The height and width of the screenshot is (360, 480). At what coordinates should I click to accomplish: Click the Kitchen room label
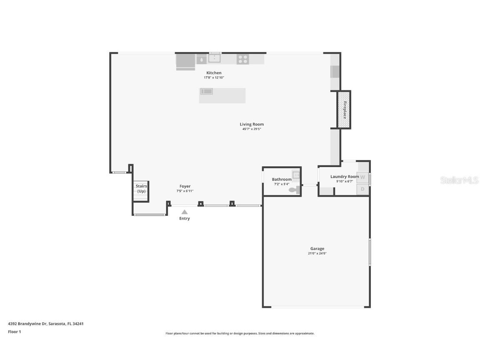click(x=214, y=73)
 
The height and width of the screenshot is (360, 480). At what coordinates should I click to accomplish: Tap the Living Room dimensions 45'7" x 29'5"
click(x=252, y=129)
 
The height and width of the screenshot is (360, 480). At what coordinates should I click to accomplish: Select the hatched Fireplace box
click(x=344, y=110)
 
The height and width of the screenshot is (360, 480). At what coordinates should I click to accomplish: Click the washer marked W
click(x=362, y=177)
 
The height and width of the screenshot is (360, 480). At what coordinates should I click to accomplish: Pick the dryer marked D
click(x=362, y=189)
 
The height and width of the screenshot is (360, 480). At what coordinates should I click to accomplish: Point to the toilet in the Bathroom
click(x=294, y=190)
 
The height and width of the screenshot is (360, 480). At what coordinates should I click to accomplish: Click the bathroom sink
click(x=296, y=175)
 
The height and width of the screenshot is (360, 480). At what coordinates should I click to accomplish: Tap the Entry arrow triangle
click(x=184, y=212)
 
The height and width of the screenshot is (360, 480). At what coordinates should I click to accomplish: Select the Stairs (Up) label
click(x=141, y=188)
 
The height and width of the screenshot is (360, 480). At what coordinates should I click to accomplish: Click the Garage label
click(x=317, y=249)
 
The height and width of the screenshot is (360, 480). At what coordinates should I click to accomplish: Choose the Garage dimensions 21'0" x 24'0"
click(x=317, y=253)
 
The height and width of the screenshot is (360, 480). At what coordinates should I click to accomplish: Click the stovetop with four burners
click(x=243, y=59)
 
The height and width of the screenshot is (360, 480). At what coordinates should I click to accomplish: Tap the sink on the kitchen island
click(x=206, y=91)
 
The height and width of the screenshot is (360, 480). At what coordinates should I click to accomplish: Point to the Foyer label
click(x=185, y=186)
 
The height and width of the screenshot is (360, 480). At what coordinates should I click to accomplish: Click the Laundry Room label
click(x=345, y=177)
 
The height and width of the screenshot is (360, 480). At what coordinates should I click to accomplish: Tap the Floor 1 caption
click(x=14, y=332)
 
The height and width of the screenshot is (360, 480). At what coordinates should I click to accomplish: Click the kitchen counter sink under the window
click(x=215, y=58)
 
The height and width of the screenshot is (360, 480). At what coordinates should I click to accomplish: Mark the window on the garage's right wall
click(x=370, y=252)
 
